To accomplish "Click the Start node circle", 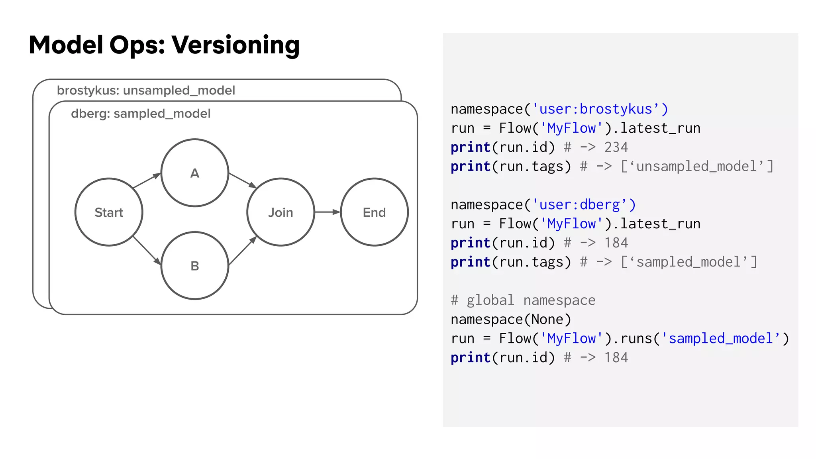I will pyautogui.click(x=109, y=212).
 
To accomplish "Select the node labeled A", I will pyautogui.click(x=194, y=173).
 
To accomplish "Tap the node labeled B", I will pyautogui.click(x=194, y=265).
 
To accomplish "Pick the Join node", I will pyautogui.click(x=280, y=212).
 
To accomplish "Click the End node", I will pyautogui.click(x=374, y=212).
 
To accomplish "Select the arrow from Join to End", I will pyautogui.click(x=327, y=212).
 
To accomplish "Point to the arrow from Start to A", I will pyautogui.click(x=147, y=180).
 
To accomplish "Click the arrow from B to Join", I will pyautogui.click(x=243, y=251).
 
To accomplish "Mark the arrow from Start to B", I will pyautogui.click(x=147, y=250).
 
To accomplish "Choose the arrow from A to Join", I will pyautogui.click(x=242, y=180).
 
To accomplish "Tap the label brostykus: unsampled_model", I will pyautogui.click(x=146, y=90).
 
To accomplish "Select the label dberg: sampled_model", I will pyautogui.click(x=141, y=114).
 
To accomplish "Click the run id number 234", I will pyautogui.click(x=616, y=147).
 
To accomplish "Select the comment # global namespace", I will pyautogui.click(x=523, y=300).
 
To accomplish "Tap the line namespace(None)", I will pyautogui.click(x=511, y=320).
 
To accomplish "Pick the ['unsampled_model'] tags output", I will pyautogui.click(x=697, y=167).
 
